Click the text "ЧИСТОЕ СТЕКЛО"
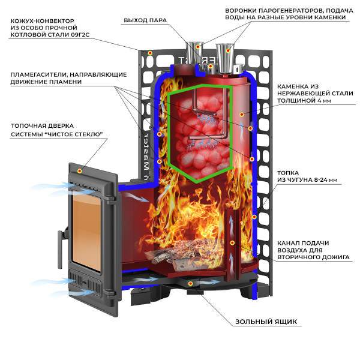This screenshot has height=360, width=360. tap(75, 134)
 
